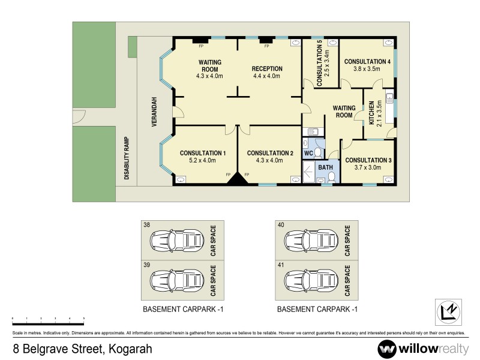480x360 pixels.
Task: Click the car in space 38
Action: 172,240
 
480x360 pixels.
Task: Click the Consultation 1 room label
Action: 203,153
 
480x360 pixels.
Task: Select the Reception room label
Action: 267,69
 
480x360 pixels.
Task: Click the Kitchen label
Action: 372,113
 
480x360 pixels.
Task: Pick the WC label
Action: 308,154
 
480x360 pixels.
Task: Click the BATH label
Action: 325,167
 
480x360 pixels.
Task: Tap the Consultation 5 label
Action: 320,62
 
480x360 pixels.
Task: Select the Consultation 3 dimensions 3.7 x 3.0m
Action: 368,167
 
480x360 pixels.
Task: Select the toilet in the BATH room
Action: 331,176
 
